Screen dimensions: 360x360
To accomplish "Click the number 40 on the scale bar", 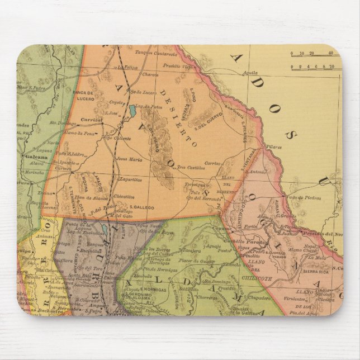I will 331,54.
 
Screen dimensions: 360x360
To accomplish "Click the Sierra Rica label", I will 315,271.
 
